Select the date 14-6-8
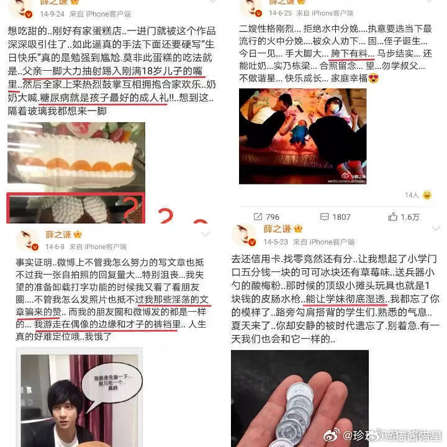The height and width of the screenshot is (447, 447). tap(55, 246)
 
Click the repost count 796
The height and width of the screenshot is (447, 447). tap(272, 217)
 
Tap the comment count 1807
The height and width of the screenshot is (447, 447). tap(341, 217)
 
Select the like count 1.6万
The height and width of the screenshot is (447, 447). tap(410, 217)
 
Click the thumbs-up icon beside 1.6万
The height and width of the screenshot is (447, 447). tap(392, 216)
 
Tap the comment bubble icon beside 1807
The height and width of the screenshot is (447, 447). tap(320, 217)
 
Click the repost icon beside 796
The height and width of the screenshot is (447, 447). tap(257, 217)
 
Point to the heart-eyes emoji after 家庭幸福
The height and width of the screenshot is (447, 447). tap(373, 78)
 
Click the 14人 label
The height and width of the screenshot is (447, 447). tap(412, 195)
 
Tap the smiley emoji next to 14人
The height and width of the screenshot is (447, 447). tap(427, 195)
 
